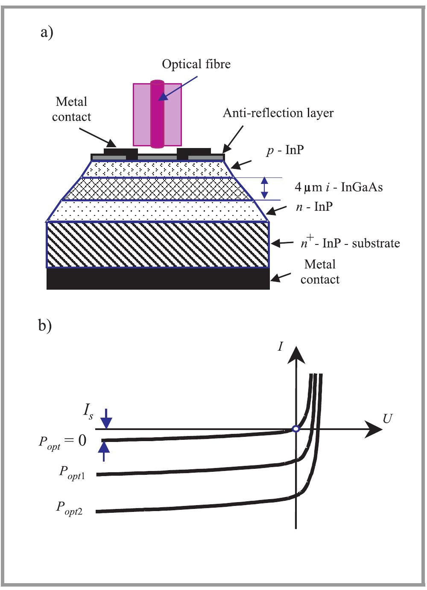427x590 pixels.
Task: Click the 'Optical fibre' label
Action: click(x=196, y=64)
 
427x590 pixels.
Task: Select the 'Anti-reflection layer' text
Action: click(x=278, y=113)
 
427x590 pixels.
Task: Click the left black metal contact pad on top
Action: click(x=121, y=152)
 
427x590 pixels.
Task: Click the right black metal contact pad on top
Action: click(x=194, y=152)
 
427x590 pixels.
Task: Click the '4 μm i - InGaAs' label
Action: click(x=339, y=187)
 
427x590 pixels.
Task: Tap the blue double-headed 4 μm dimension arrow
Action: click(x=265, y=188)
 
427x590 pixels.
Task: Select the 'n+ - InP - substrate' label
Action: click(x=350, y=243)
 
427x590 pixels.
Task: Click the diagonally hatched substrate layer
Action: click(x=158, y=245)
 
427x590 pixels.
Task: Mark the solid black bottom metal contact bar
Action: click(x=158, y=279)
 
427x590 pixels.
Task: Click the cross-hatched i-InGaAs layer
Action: click(x=158, y=189)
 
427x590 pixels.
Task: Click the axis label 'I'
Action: click(x=281, y=346)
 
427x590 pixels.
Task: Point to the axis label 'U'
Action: click(x=387, y=419)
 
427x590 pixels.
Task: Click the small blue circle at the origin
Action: click(x=295, y=429)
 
